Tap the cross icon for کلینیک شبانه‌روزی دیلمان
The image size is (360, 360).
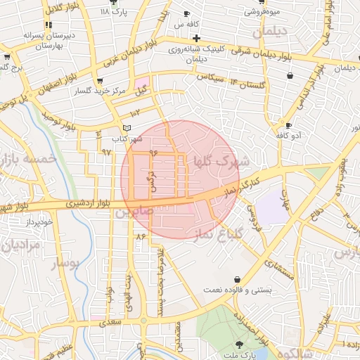click(x=196, y=37)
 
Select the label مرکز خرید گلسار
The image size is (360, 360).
click(x=103, y=91)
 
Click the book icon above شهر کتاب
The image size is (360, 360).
click(x=127, y=127)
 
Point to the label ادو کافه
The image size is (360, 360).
click(x=287, y=134)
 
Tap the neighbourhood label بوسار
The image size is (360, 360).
click(x=67, y=264)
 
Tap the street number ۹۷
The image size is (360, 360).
click(x=107, y=151)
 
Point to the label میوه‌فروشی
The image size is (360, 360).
click(x=264, y=12)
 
